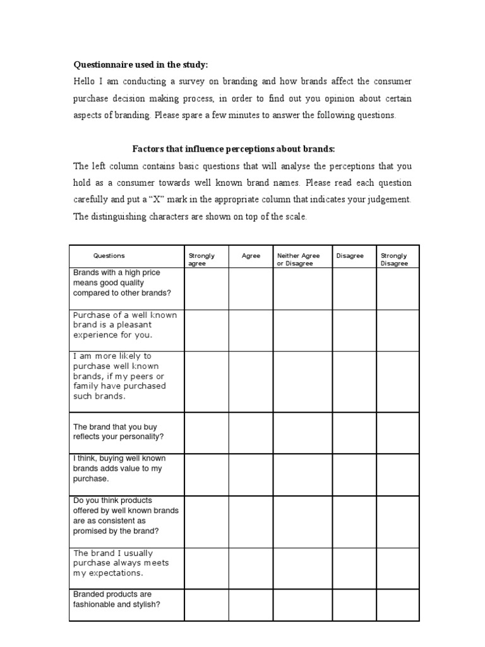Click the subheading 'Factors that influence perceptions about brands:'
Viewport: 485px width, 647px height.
click(x=233, y=148)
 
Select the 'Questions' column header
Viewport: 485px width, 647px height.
click(x=109, y=256)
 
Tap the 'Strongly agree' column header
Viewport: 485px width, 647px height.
click(x=202, y=260)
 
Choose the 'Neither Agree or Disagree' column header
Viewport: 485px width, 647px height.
click(x=299, y=260)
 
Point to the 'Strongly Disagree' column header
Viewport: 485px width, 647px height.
click(x=395, y=260)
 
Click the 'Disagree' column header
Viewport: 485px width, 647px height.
click(x=350, y=256)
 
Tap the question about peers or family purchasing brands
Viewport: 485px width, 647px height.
click(x=120, y=377)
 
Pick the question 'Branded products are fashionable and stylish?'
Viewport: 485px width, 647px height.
click(x=117, y=600)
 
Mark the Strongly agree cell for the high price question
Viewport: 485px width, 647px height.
click(x=206, y=289)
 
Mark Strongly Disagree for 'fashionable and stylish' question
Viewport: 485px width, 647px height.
click(x=397, y=605)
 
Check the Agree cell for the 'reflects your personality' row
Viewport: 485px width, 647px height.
click(x=251, y=433)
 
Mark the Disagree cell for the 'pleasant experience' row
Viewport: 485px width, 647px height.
click(x=354, y=330)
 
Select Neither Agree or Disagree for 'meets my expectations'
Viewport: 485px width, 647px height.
click(x=302, y=568)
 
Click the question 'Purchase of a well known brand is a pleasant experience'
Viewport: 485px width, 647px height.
click(x=125, y=325)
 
